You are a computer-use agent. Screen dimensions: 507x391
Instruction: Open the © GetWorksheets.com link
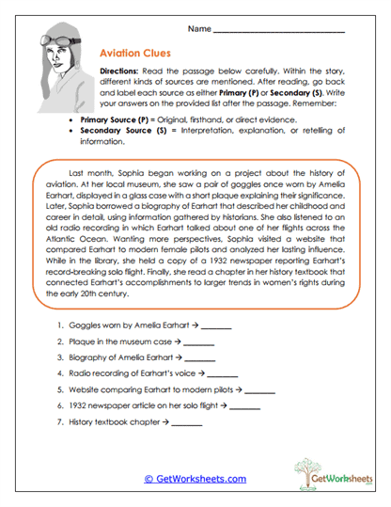click(195, 479)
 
